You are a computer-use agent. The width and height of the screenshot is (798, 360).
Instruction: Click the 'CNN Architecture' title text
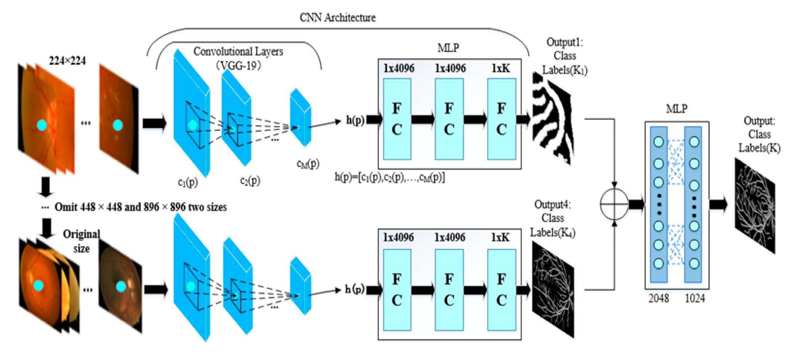(x=337, y=17)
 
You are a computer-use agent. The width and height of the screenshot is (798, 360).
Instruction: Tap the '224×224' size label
(x=67, y=61)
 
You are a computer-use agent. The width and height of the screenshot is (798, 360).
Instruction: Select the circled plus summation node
(x=614, y=204)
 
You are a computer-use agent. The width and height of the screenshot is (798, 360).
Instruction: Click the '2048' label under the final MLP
(x=659, y=298)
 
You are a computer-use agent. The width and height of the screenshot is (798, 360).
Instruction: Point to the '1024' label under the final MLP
(x=695, y=298)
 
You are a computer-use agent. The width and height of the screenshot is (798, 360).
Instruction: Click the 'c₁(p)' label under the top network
(x=188, y=182)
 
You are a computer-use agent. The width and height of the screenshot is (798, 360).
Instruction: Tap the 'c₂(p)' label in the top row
(x=250, y=181)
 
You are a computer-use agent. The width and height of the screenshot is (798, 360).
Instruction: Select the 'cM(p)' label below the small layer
(x=308, y=164)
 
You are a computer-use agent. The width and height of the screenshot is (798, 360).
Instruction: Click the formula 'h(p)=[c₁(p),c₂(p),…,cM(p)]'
(x=390, y=177)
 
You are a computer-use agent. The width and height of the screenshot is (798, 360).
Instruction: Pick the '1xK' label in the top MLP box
(x=501, y=68)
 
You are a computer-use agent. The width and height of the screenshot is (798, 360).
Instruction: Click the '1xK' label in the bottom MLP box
(x=500, y=238)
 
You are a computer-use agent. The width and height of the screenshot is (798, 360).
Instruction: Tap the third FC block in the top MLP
(x=502, y=119)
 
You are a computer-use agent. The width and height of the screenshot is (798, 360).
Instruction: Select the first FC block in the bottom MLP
(x=397, y=289)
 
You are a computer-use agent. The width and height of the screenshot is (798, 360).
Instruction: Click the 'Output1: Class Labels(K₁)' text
(x=564, y=56)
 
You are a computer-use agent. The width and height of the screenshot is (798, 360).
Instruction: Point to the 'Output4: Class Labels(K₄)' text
(x=553, y=218)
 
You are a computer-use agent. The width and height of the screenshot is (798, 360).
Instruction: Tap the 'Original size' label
(x=81, y=241)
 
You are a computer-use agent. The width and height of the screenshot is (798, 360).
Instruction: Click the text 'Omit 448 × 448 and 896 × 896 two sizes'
(x=141, y=207)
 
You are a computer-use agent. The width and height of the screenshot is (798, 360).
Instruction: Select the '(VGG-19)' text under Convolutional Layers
(x=238, y=66)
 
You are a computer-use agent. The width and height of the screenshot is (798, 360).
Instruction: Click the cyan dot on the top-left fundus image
(x=42, y=125)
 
